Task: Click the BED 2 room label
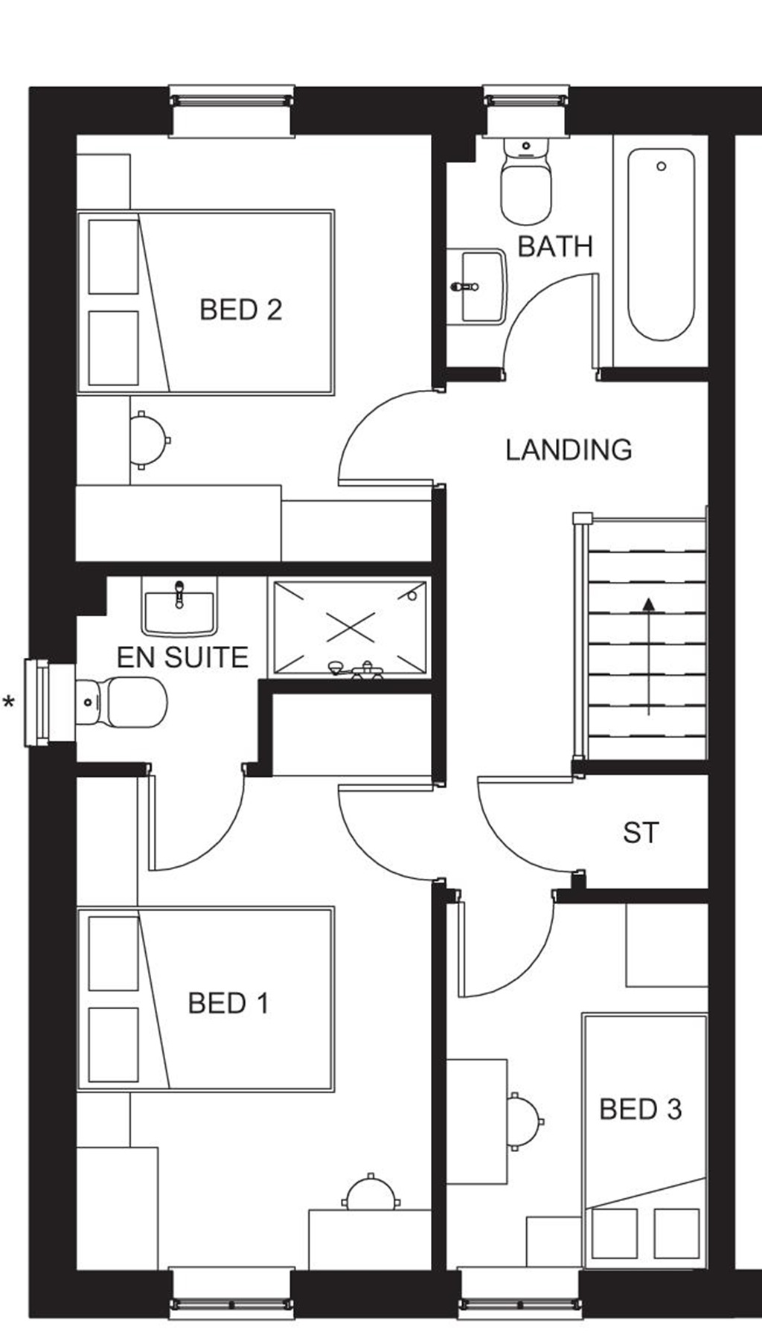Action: (x=241, y=310)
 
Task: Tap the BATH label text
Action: (x=555, y=246)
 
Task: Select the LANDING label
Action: (x=569, y=449)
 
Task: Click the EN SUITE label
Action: (x=182, y=657)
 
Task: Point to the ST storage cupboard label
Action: (x=641, y=833)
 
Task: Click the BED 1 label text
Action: (x=228, y=1003)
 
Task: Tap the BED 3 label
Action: (x=641, y=1110)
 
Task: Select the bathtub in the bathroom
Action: (x=661, y=244)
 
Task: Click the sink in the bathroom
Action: (x=480, y=286)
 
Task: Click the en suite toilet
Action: (x=123, y=702)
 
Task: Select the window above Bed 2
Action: (x=231, y=111)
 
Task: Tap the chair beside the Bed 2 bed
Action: (x=147, y=439)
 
